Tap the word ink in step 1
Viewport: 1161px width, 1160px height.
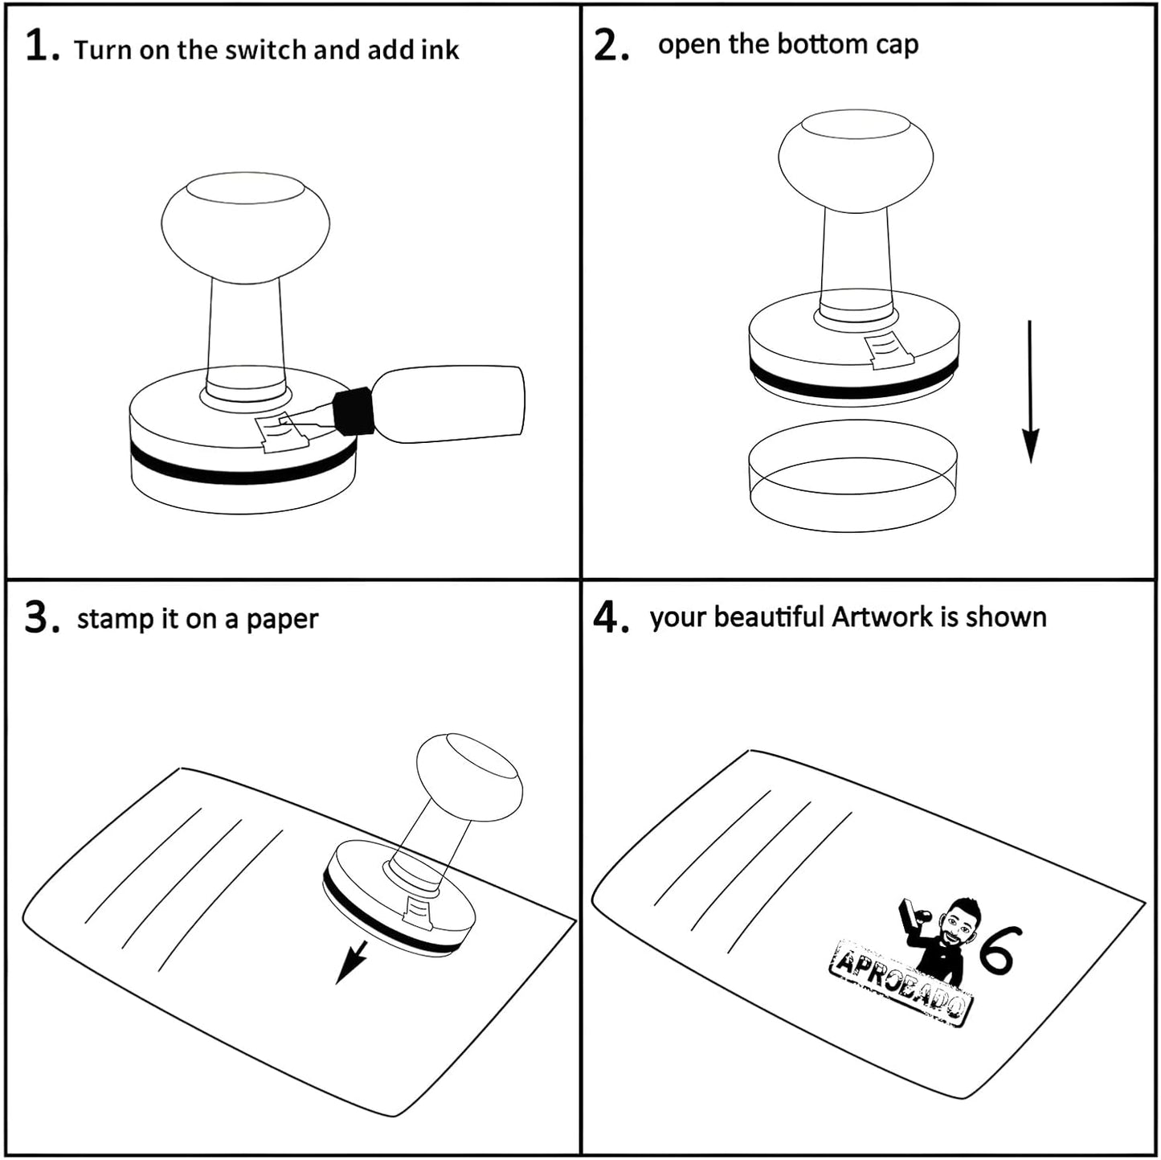pyautogui.click(x=439, y=50)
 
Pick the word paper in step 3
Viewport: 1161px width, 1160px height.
pyautogui.click(x=281, y=620)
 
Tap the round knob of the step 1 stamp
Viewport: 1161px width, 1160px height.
pyautogui.click(x=245, y=226)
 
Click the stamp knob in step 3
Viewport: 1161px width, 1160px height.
pyautogui.click(x=470, y=777)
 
